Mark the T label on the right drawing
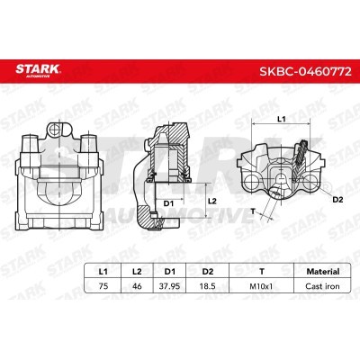pyautogui.click(x=253, y=211)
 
